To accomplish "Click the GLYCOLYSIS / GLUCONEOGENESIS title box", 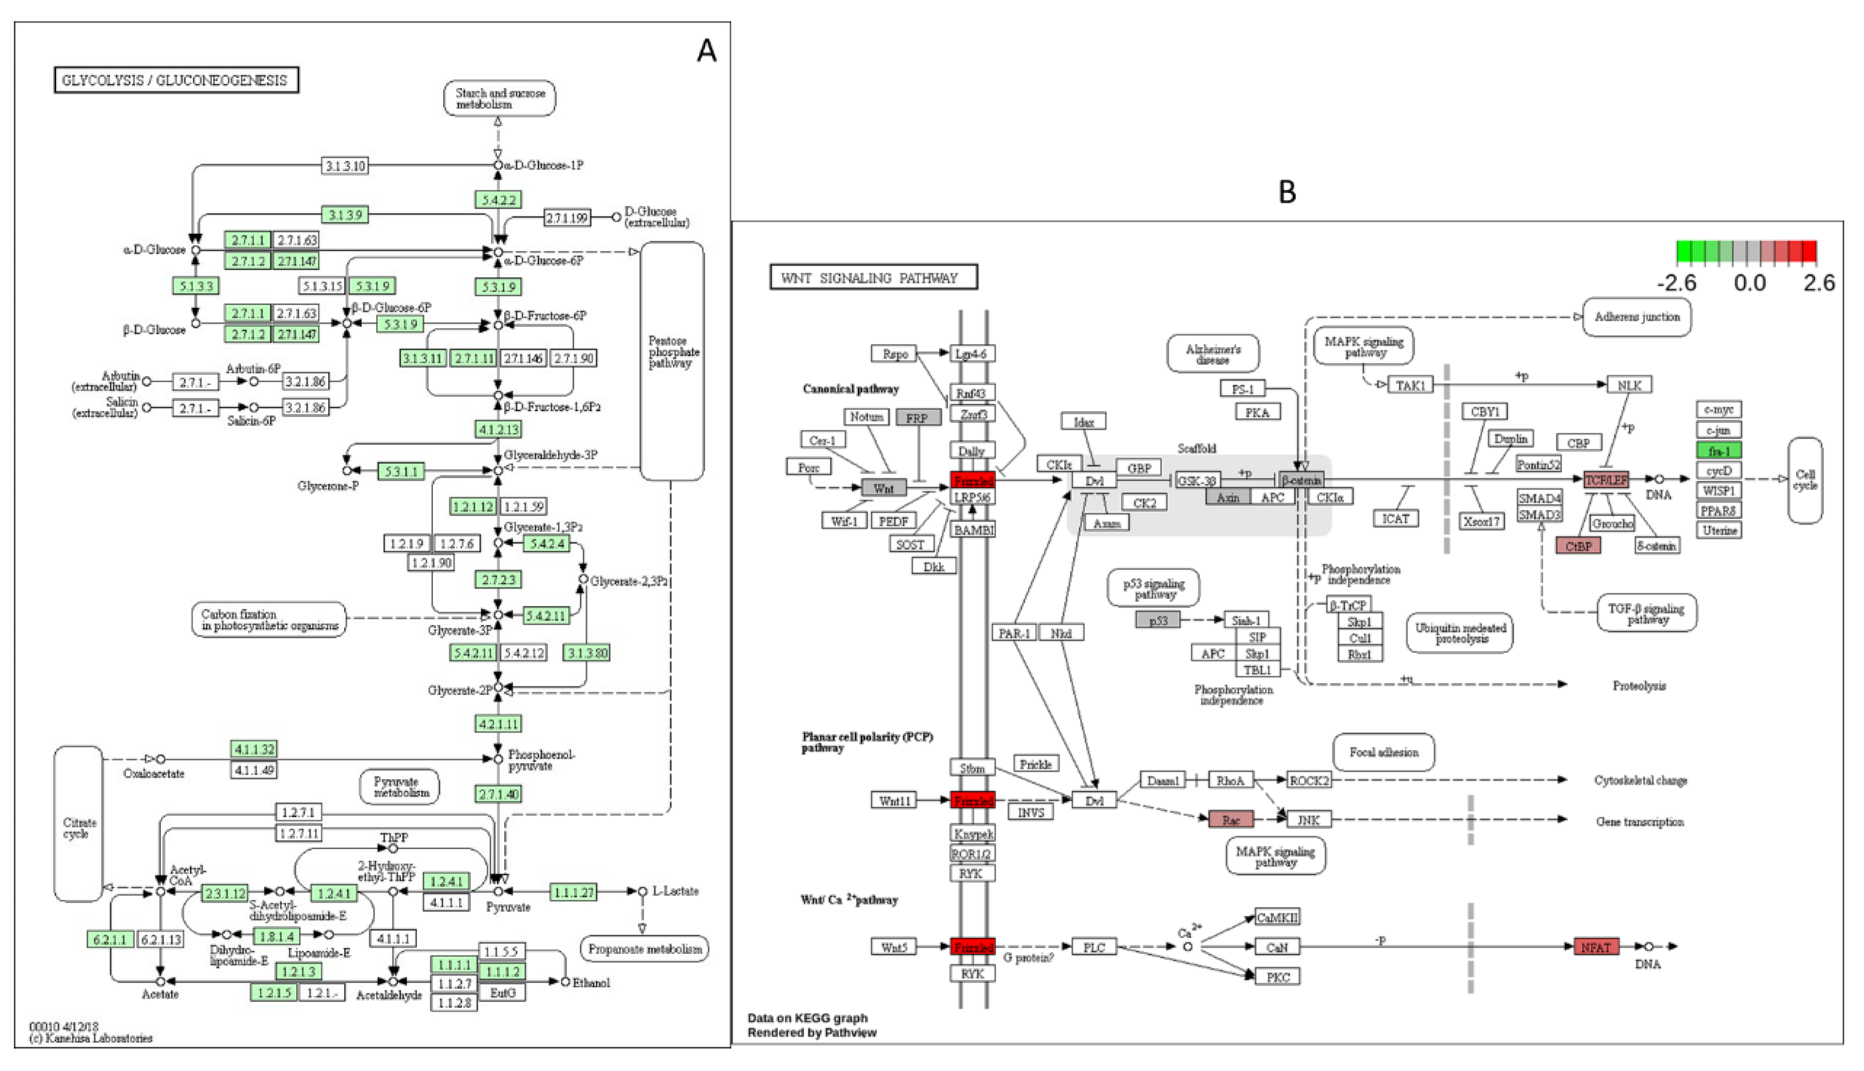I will (176, 80).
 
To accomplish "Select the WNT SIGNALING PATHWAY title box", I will (873, 278).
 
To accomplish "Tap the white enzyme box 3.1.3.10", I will (345, 166).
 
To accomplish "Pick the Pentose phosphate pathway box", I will (671, 360).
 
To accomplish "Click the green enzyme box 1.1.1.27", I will (574, 892).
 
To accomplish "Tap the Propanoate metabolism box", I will (644, 949).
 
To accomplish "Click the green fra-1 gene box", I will (1719, 450).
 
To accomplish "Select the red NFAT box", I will (1596, 947).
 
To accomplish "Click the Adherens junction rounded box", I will (1636, 317).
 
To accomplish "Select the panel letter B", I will (1287, 192).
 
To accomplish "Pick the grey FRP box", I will (918, 417).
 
